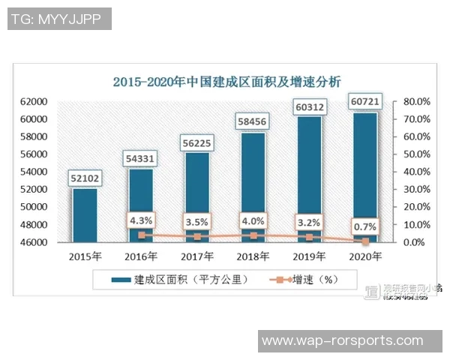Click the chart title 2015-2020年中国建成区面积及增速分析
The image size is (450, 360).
pyautogui.click(x=226, y=82)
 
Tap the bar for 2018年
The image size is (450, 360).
pyautogui.click(x=253, y=187)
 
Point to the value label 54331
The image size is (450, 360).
pyautogui.click(x=141, y=159)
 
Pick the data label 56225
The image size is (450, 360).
pyautogui.click(x=196, y=142)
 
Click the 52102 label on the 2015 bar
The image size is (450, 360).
pyautogui.click(x=84, y=178)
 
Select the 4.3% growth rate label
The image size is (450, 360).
pyautogui.click(x=141, y=220)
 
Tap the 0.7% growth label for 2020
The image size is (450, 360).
pyautogui.click(x=365, y=225)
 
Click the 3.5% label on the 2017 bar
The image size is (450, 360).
pyautogui.click(x=196, y=222)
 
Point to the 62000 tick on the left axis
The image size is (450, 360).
pyautogui.click(x=34, y=102)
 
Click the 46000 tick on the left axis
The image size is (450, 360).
pyautogui.click(x=34, y=242)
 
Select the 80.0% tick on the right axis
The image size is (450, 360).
pyautogui.click(x=416, y=102)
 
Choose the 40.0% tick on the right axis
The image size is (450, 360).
pyautogui.click(x=416, y=172)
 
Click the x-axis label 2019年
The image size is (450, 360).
pyautogui.click(x=309, y=256)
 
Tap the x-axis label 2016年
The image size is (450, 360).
pyautogui.click(x=141, y=256)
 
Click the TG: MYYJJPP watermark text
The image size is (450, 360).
pyautogui.click(x=60, y=19)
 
